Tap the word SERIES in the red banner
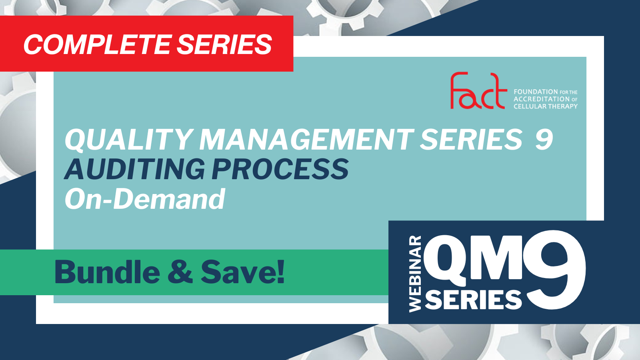pyautogui.click(x=224, y=44)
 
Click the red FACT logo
pyautogui.click(x=478, y=90)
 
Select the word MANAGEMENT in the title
pyautogui.click(x=306, y=140)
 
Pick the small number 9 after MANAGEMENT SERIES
pyautogui.click(x=544, y=140)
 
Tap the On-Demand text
pyautogui.click(x=145, y=199)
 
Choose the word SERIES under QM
pyautogui.click(x=474, y=300)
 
